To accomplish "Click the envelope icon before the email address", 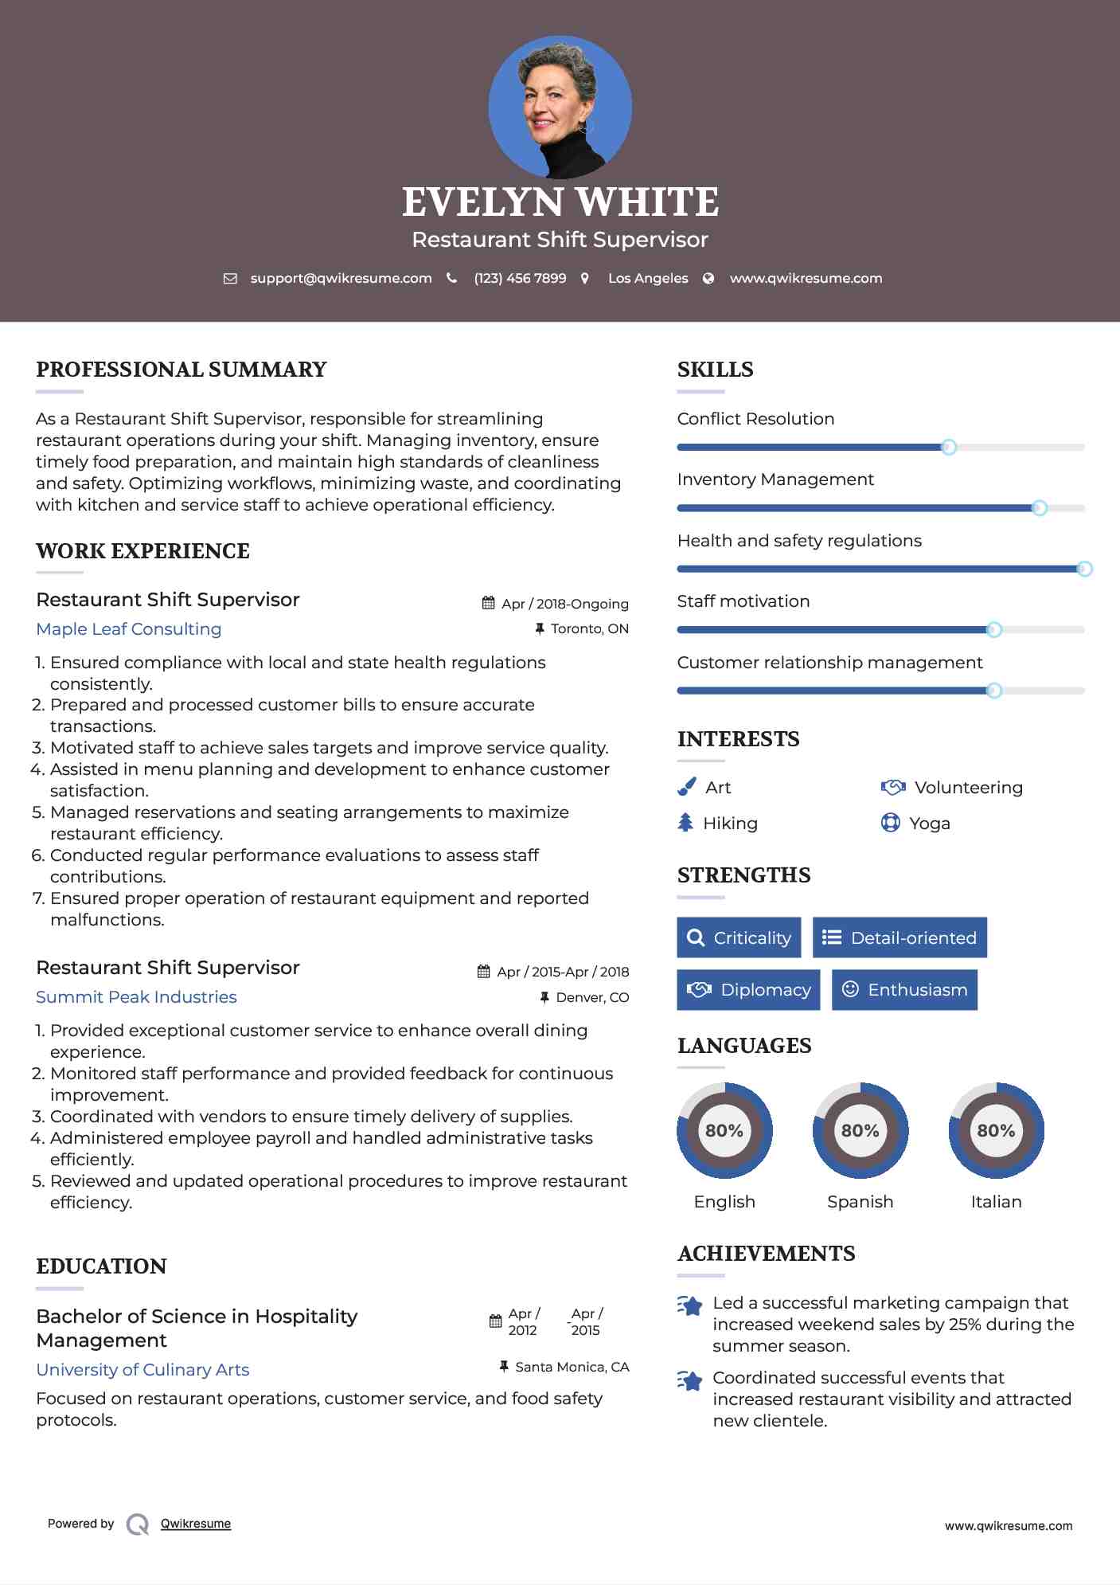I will pos(230,279).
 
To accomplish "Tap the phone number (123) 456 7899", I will pos(520,279).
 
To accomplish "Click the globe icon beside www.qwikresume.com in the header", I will pos(708,279).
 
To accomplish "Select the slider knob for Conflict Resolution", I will pos(948,447).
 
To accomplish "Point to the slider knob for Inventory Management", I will pos(1039,508).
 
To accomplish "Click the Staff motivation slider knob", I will pos(993,630).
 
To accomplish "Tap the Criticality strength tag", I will pos(739,937).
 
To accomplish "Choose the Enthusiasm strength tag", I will pos(904,990).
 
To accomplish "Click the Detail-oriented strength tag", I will pos(900,937).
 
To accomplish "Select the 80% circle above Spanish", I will pos(860,1130).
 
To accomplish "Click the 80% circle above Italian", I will pos(996,1130).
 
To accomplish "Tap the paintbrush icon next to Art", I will pos(686,787).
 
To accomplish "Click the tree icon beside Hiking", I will pos(685,823).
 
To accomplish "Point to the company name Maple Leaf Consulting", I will pos(129,629).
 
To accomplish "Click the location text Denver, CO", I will pos(592,998).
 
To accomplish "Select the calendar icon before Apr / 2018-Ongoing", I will pos(489,604).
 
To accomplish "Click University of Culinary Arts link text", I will pos(142,1370).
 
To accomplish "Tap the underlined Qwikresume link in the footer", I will pos(196,1524).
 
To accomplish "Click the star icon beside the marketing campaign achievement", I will pos(690,1306).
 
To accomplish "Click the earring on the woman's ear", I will pos(587,127).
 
